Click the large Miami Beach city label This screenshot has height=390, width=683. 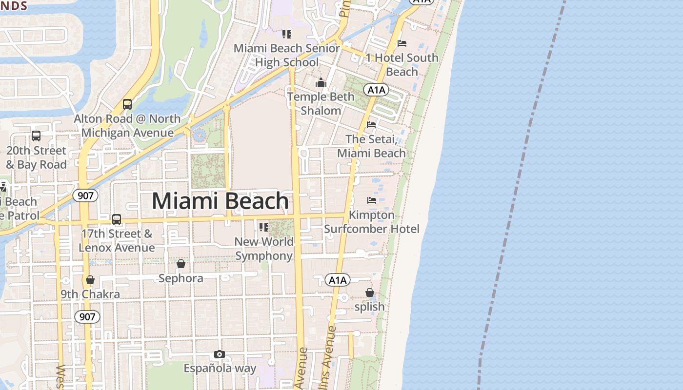[x=220, y=201]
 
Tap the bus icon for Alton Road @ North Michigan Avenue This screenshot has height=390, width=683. [x=127, y=104]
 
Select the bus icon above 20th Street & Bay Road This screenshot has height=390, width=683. [x=36, y=136]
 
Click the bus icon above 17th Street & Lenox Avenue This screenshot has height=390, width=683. [x=117, y=219]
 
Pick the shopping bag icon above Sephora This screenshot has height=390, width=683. [x=181, y=264]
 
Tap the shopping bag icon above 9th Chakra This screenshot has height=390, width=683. [x=90, y=280]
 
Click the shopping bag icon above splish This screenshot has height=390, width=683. [x=370, y=292]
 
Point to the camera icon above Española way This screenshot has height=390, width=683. [x=220, y=354]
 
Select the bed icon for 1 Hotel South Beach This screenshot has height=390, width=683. [x=402, y=43]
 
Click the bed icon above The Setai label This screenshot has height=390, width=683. [x=371, y=124]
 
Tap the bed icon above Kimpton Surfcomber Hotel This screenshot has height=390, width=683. [x=372, y=200]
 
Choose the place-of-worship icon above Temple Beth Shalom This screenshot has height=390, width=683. [x=321, y=82]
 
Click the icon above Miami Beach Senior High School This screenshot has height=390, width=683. [x=287, y=34]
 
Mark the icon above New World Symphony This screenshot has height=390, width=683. [x=264, y=227]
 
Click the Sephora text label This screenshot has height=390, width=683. [x=181, y=278]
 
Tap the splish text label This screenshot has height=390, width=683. [x=369, y=307]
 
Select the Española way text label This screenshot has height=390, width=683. [x=220, y=368]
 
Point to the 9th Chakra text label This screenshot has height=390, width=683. [x=90, y=294]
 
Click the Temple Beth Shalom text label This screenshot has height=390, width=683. [x=321, y=103]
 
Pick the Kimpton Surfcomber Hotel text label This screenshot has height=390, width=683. [x=372, y=222]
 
